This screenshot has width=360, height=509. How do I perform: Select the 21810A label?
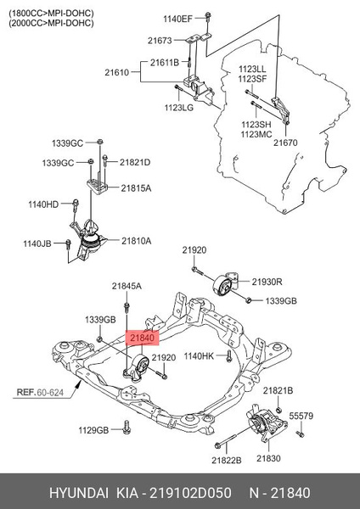tap(135, 242)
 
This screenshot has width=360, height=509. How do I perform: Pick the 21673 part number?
tap(159, 41)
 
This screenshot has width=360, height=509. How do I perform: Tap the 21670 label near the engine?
tap(285, 143)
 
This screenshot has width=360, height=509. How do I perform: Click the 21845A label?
tap(127, 287)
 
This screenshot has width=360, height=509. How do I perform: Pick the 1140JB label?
tap(37, 243)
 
